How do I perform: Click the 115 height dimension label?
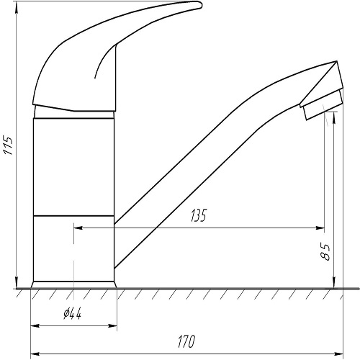[x=8, y=145]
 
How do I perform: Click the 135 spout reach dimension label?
[x=199, y=215]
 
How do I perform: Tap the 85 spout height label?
[x=325, y=252]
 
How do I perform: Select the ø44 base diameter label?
[x=73, y=313]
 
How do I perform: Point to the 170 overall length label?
[x=186, y=341]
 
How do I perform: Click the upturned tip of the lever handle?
[x=200, y=5]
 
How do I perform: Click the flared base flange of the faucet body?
[x=73, y=284]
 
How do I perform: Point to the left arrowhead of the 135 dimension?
[x=78, y=228]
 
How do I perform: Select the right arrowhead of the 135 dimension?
[x=320, y=228]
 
